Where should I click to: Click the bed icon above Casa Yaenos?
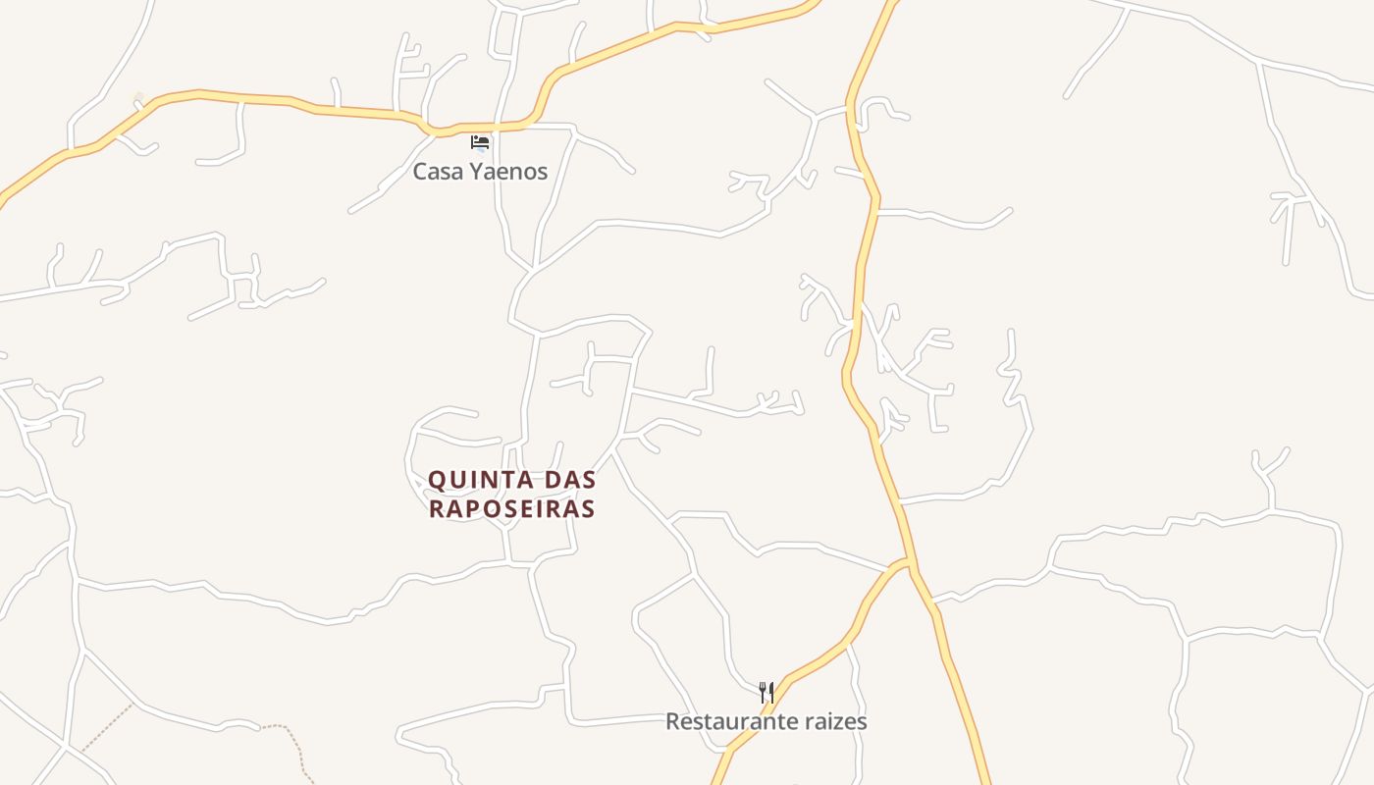(x=480, y=142)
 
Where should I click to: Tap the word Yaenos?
(x=507, y=172)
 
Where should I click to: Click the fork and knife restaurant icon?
(x=766, y=692)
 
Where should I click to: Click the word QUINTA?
(x=481, y=481)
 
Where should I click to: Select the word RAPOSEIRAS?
(x=512, y=509)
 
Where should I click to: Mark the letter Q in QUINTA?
(x=439, y=481)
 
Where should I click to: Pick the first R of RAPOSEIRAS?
(x=439, y=509)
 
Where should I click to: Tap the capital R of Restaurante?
(x=673, y=722)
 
